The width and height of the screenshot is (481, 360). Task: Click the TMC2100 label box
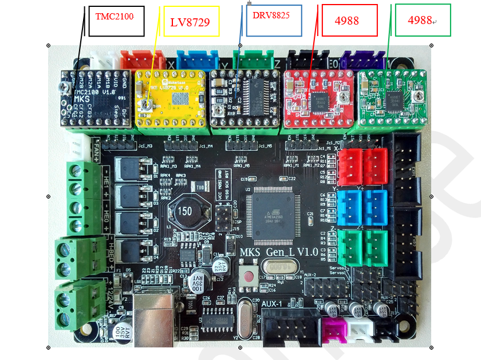(x=116, y=21)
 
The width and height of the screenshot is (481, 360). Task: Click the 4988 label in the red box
(x=349, y=21)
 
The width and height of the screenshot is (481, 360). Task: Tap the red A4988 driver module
(x=318, y=98)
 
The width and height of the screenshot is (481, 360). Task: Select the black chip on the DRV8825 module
(x=254, y=92)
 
